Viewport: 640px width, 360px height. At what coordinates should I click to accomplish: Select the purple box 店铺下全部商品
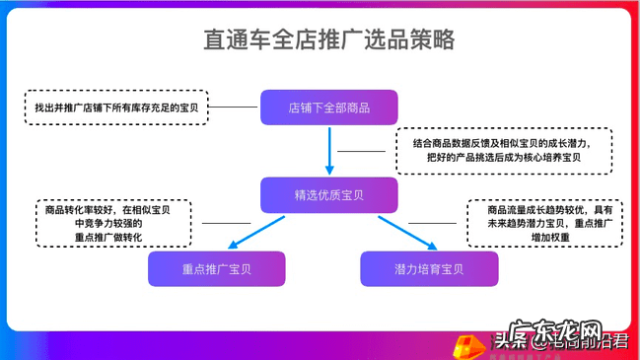[x=328, y=107]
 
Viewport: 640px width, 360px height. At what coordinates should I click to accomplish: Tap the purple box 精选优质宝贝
[x=328, y=194]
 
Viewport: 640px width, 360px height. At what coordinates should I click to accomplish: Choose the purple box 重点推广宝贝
[x=216, y=268]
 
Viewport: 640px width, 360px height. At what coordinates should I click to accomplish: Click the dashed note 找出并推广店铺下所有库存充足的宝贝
[x=115, y=107]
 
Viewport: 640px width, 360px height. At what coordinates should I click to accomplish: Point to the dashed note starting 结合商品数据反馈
[x=503, y=151]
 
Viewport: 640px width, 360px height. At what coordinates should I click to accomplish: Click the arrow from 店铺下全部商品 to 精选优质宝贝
[x=328, y=150]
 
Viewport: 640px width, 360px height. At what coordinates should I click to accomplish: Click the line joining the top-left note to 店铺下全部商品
[x=234, y=107]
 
